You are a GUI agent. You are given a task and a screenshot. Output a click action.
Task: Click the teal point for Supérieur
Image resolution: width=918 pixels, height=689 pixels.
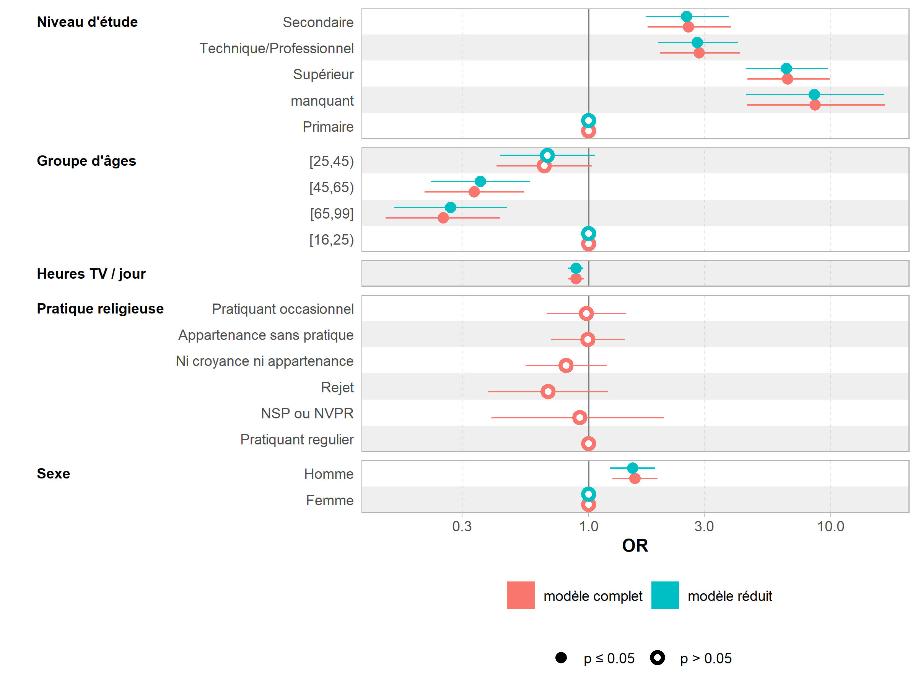[x=786, y=69]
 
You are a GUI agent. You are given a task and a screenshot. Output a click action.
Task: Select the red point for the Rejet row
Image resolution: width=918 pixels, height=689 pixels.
[x=548, y=392]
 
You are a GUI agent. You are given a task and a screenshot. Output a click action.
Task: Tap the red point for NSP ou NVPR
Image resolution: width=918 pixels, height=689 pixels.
[x=579, y=417]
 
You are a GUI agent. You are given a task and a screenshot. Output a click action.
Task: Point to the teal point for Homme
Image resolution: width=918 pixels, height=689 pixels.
[x=632, y=469]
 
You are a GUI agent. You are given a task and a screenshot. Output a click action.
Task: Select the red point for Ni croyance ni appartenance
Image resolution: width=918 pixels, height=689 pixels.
[x=566, y=366]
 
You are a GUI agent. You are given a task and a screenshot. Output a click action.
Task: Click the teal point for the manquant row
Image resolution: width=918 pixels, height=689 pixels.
[x=814, y=95]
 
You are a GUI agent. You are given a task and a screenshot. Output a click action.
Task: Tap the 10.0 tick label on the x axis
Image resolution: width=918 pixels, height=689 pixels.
[x=830, y=527]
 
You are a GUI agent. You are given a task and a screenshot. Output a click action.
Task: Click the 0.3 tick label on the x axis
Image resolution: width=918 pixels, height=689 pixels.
[x=462, y=527]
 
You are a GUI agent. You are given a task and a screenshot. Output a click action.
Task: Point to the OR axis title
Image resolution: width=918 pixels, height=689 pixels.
[x=635, y=546]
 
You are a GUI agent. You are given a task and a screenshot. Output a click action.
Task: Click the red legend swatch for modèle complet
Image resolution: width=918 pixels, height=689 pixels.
[x=521, y=595]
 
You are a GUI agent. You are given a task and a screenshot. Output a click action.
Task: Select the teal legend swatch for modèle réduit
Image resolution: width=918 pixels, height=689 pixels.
[x=665, y=595]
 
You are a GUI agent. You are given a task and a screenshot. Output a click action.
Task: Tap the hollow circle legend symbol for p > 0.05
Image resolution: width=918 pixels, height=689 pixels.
[x=658, y=658]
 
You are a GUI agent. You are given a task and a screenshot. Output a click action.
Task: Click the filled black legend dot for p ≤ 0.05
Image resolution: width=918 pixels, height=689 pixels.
[x=561, y=658]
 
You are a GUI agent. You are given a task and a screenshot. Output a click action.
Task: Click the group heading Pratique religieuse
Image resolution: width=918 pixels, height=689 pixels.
[x=100, y=309]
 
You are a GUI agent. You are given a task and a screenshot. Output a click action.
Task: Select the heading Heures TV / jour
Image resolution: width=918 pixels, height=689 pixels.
[x=91, y=274]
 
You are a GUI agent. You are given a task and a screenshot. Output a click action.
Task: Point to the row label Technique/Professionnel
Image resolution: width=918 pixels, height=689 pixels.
[x=277, y=48]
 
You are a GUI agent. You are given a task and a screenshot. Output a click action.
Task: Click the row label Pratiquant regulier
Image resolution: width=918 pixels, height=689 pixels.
[x=297, y=439]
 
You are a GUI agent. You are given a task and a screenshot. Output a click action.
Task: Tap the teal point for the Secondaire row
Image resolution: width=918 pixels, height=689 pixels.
[x=687, y=16]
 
